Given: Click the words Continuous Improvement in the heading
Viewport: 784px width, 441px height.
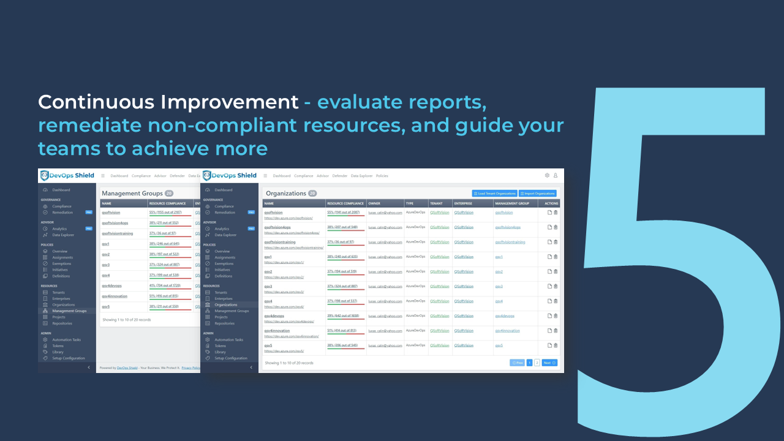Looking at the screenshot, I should (168, 102).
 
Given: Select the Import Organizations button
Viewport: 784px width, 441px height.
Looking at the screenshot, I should (537, 194).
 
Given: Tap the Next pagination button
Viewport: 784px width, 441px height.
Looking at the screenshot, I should (549, 363).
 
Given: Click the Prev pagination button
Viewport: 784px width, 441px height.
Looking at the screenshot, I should (518, 363).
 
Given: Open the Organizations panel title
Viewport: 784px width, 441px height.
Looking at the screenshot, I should (285, 194).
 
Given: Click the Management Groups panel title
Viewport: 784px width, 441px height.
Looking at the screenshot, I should (132, 194).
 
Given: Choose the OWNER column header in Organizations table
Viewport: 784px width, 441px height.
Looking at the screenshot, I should (374, 203).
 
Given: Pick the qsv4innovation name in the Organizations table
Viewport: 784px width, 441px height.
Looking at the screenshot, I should (277, 331).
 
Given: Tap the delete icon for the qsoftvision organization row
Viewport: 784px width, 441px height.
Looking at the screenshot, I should (556, 213).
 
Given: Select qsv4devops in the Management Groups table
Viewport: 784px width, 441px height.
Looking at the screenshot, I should (111, 285).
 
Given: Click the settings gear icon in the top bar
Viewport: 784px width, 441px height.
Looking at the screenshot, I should (547, 176).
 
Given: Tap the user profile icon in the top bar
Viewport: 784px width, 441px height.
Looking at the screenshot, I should (556, 176).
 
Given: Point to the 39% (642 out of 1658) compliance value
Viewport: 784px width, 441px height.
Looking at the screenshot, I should (344, 316).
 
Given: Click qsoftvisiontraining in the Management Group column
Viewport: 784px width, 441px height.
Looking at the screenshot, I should (510, 242).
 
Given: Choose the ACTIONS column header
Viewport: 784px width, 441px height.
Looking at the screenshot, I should (551, 203).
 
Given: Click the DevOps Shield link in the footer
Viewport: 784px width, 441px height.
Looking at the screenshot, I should (127, 368).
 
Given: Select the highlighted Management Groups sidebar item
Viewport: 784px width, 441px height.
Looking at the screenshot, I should (69, 311).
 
